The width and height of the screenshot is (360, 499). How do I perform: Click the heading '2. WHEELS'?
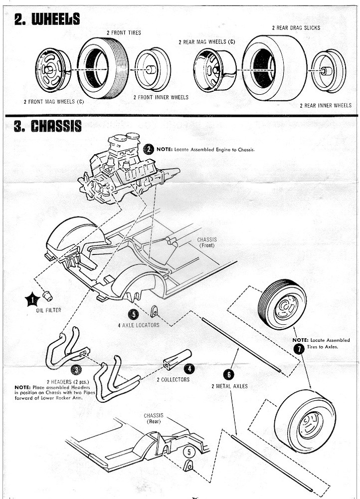47,19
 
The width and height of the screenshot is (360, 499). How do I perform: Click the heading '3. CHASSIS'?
48,126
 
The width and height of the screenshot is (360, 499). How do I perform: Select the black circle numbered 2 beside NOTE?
149,149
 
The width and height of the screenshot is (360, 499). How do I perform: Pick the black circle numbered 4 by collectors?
189,369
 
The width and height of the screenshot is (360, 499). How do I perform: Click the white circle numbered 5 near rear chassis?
188,452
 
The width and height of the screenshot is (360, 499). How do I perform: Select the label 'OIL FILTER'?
49,310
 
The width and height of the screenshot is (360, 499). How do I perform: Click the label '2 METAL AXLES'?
230,386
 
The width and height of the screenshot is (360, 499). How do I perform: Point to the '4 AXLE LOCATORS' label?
139,325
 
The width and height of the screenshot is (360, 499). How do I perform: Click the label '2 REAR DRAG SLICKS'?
296,28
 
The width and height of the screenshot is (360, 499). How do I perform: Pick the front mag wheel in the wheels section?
52,69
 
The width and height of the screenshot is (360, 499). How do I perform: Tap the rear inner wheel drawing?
328,70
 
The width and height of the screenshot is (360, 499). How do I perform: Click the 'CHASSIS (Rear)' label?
153,418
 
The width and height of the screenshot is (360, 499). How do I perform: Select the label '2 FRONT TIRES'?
123,32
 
